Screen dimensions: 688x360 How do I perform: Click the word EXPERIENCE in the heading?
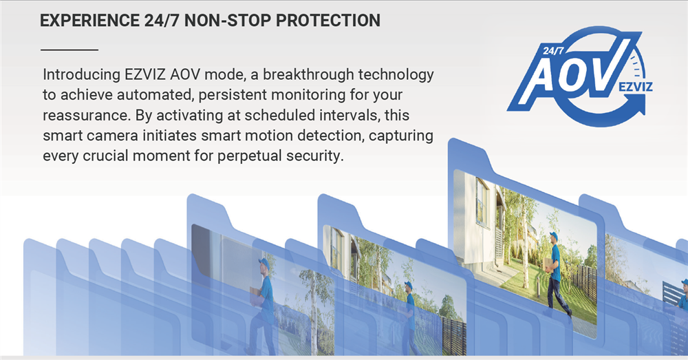(89, 21)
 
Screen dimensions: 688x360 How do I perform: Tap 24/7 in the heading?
(162, 21)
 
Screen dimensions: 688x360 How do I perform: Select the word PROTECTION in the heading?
(327, 21)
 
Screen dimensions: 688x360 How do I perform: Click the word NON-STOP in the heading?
(227, 21)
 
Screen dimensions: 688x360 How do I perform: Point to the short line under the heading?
(69, 50)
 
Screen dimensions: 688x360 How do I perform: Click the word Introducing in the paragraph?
(81, 74)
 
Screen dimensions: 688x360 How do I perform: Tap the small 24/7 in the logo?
(553, 50)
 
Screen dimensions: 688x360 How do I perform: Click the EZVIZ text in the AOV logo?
(635, 86)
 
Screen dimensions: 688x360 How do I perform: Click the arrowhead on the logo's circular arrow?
(640, 104)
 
